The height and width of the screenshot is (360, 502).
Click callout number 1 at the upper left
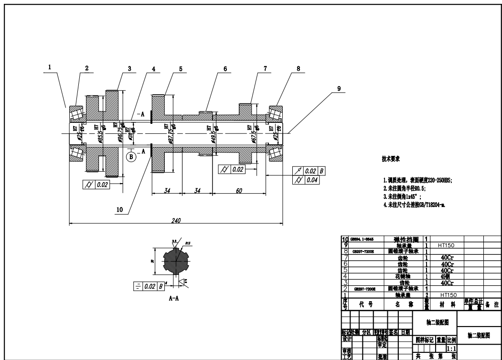50,68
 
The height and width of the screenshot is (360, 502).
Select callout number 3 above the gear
129,68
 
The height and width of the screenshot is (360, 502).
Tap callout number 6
224,68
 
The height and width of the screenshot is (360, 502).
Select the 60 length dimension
239,191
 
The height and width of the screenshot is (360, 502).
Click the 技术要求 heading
390,158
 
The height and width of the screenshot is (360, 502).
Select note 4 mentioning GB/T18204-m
414,205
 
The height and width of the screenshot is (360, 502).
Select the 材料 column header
447,304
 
